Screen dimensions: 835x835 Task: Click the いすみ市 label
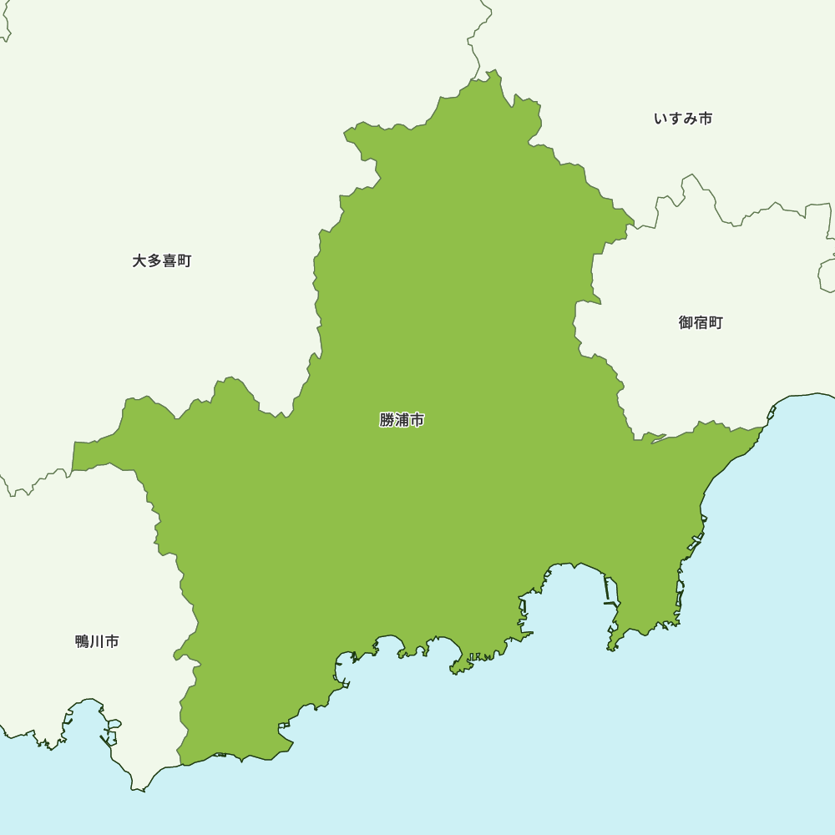tap(683, 119)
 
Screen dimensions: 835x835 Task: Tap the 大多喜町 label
tap(162, 261)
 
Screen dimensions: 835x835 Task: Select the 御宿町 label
tap(701, 323)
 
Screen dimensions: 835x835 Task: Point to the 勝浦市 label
tap(402, 420)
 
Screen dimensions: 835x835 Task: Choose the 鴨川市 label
tap(97, 641)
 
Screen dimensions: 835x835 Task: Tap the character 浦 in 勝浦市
tap(402, 420)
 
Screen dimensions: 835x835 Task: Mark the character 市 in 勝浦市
tap(417, 420)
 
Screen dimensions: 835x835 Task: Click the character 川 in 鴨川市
tap(97, 641)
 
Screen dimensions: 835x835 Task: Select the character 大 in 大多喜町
tap(139, 261)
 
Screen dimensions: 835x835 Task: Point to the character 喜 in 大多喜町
tap(170, 261)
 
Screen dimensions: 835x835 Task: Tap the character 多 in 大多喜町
tap(154, 261)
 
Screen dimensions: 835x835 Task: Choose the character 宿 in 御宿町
tap(701, 323)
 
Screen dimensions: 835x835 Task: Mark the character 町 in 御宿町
tap(716, 323)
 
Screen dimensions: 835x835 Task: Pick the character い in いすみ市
tap(660, 119)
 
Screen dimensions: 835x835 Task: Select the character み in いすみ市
tap(691, 119)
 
